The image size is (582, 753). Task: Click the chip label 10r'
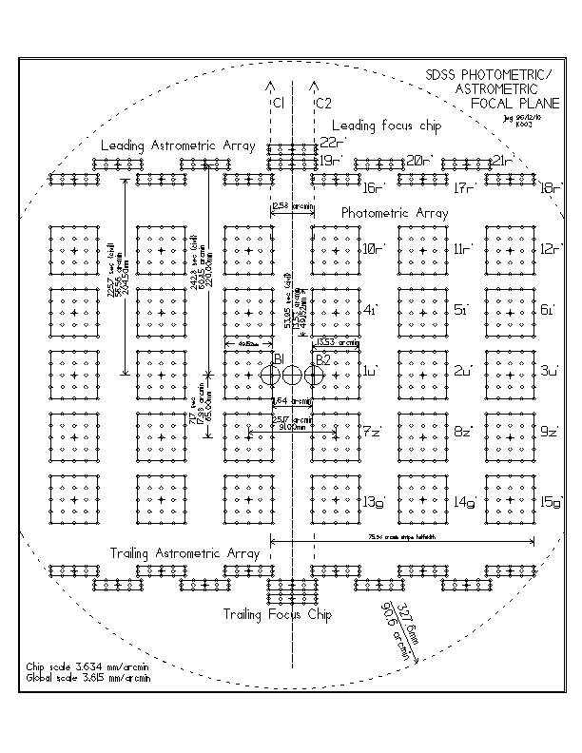(x=374, y=249)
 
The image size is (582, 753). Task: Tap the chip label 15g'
(x=552, y=501)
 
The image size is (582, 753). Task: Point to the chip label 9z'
(x=550, y=432)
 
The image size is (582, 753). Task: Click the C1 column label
(x=277, y=102)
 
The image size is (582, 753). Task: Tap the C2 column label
(x=323, y=102)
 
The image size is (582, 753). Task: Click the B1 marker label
(x=280, y=357)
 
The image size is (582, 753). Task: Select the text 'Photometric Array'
(x=394, y=214)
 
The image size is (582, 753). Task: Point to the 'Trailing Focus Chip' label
(x=277, y=615)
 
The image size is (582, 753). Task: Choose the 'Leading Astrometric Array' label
(x=177, y=146)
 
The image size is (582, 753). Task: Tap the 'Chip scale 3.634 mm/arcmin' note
(x=74, y=669)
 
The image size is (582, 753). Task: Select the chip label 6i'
(x=548, y=310)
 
